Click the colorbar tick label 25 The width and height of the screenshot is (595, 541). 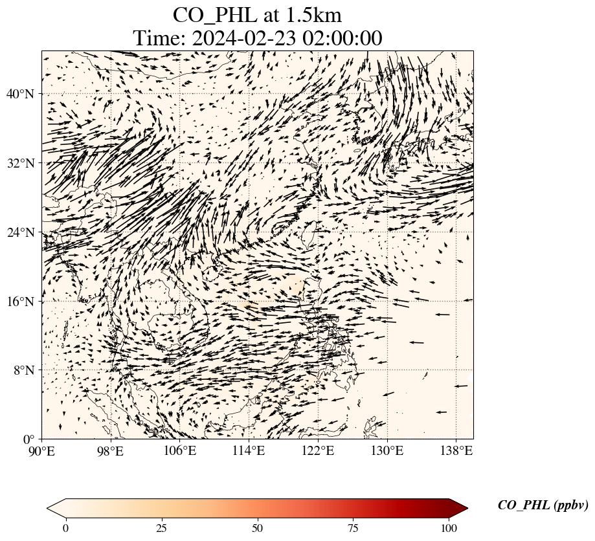(x=161, y=528)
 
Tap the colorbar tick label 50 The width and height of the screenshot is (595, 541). (x=258, y=528)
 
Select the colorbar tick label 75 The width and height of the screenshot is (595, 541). (x=354, y=528)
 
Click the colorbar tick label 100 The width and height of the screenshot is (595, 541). (x=450, y=528)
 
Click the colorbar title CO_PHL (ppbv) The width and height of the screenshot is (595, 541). (x=543, y=505)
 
